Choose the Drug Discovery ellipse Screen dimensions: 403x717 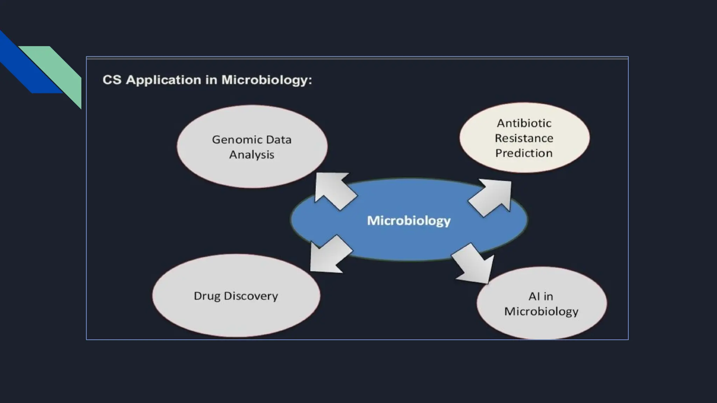236,315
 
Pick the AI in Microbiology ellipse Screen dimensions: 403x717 542,325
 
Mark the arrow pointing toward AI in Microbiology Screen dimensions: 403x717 474,264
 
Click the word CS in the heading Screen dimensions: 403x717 112,80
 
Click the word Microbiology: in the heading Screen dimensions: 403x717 266,80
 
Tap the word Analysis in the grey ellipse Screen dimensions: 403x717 252,155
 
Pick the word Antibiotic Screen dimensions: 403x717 524,123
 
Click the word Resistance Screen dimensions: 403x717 524,138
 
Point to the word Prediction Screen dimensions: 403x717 524,153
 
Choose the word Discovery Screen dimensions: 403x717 251,296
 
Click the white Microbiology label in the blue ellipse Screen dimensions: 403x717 409,221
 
